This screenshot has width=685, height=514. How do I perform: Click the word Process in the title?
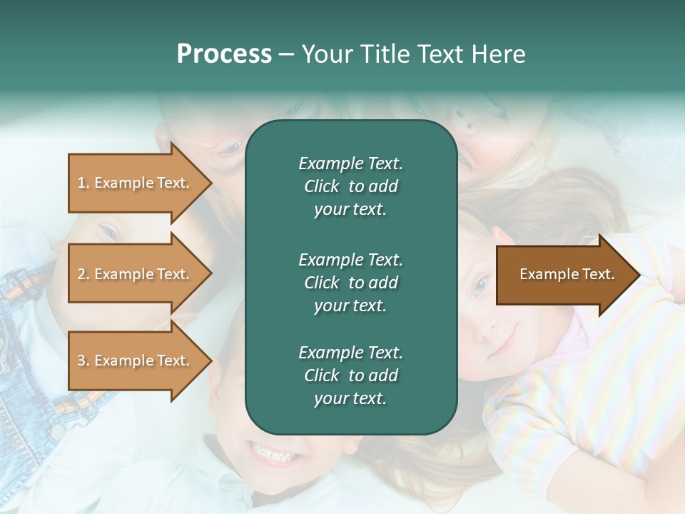[x=224, y=54]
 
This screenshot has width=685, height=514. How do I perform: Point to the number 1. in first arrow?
[x=83, y=183]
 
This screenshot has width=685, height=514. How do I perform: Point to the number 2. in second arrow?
[x=83, y=274]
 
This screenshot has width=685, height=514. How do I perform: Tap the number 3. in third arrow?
[x=83, y=361]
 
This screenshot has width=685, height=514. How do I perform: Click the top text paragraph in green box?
[x=350, y=186]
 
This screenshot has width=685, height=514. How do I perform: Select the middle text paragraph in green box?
[x=350, y=282]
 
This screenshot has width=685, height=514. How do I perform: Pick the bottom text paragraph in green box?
[x=350, y=376]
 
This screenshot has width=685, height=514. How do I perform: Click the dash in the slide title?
[x=287, y=55]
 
